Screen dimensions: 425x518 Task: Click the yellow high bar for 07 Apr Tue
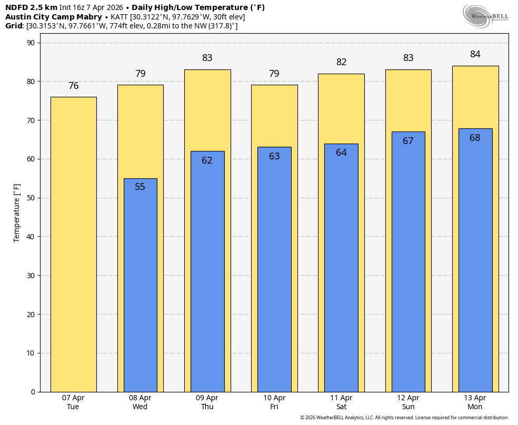pyautogui.click(x=73, y=245)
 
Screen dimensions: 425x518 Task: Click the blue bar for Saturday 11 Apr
pyautogui.click(x=341, y=268)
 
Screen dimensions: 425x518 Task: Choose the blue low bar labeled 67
pyautogui.click(x=408, y=263)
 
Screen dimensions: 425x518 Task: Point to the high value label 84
pyautogui.click(x=475, y=54)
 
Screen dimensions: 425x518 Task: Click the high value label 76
pyautogui.click(x=73, y=86)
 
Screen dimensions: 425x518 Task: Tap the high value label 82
pyautogui.click(x=341, y=62)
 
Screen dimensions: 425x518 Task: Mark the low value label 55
pyautogui.click(x=140, y=187)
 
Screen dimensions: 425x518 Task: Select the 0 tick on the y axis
pyautogui.click(x=33, y=392)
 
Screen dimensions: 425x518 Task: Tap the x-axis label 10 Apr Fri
pyautogui.click(x=274, y=402)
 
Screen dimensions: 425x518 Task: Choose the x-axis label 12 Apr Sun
pyautogui.click(x=408, y=402)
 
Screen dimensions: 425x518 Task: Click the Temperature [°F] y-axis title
pyautogui.click(x=17, y=212)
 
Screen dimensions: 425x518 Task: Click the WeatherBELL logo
pyautogui.click(x=485, y=16)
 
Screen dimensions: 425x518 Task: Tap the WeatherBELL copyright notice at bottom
pyautogui.click(x=404, y=418)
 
